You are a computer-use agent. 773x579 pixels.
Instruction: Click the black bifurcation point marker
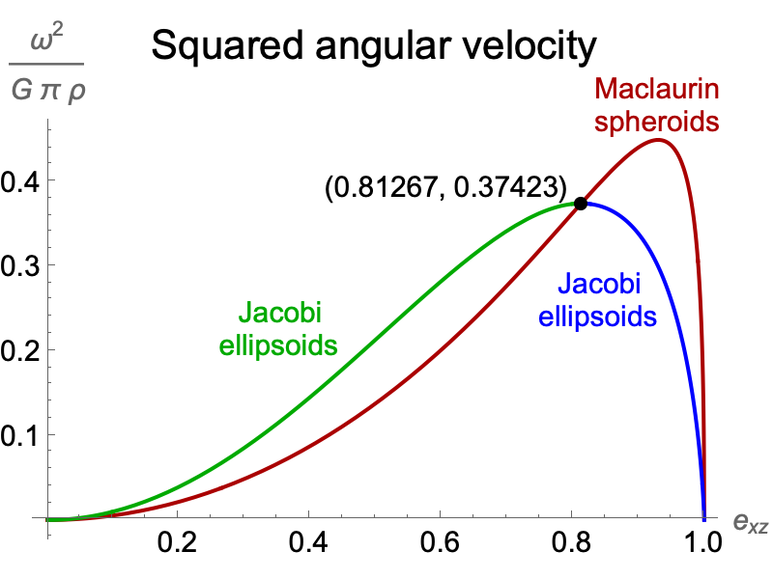pyautogui.click(x=581, y=204)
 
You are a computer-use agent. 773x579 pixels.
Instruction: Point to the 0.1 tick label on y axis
pyautogui.click(x=20, y=435)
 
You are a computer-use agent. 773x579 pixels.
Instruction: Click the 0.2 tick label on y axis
pyautogui.click(x=20, y=350)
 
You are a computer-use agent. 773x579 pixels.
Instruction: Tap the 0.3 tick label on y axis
pyautogui.click(x=20, y=265)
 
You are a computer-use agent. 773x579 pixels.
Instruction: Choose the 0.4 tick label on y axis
pyautogui.click(x=20, y=180)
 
